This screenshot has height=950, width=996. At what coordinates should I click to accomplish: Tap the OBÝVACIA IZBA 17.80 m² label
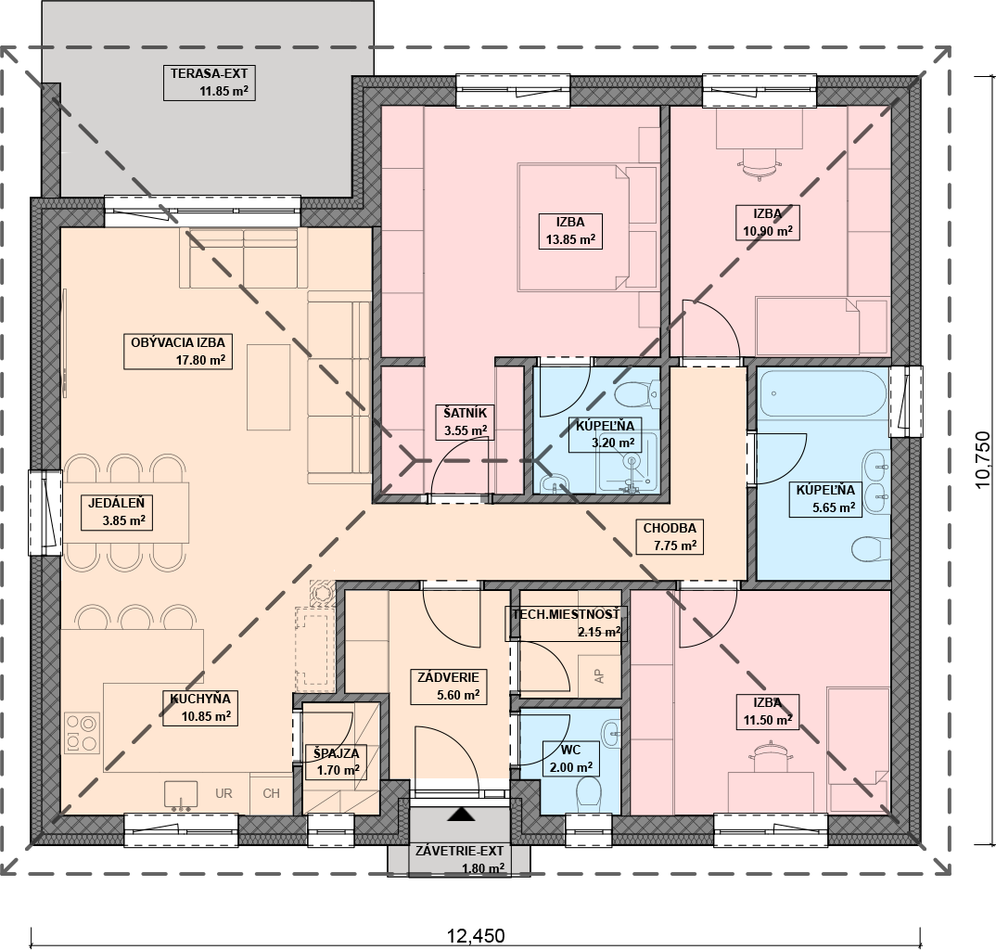tap(178, 352)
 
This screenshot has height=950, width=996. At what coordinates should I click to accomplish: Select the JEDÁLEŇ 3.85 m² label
tap(117, 512)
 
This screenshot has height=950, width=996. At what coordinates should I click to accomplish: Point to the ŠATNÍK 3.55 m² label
tap(466, 422)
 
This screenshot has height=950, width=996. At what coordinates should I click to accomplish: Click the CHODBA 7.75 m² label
tap(670, 536)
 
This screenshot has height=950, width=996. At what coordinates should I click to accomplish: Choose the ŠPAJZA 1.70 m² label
tap(337, 762)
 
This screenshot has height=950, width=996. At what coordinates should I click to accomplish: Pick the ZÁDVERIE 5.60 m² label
tap(449, 687)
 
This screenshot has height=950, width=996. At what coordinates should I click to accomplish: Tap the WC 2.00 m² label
tap(571, 758)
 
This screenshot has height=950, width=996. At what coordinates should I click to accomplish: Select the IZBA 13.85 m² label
tap(570, 231)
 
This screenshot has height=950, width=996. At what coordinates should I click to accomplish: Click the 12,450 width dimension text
tap(476, 935)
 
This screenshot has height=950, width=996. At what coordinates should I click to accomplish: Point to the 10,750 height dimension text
tap(983, 459)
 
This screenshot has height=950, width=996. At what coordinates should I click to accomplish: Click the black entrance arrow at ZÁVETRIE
tap(461, 815)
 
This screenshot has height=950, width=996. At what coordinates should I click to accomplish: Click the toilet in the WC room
tap(590, 794)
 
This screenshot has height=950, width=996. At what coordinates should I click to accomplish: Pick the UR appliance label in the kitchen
tap(223, 793)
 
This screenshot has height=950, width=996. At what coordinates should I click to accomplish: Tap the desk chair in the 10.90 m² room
tap(759, 164)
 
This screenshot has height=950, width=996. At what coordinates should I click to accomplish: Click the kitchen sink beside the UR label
tap(181, 795)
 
